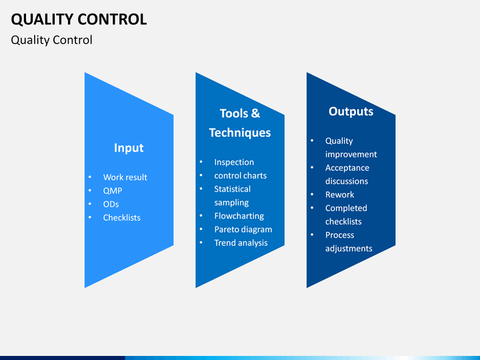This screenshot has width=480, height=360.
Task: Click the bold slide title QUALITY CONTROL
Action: click(x=79, y=19)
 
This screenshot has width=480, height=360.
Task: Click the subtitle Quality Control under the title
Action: click(x=52, y=40)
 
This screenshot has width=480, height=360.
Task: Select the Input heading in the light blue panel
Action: click(x=129, y=148)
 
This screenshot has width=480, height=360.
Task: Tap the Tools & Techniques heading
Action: click(x=240, y=123)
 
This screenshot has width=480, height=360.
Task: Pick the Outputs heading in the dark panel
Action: click(x=351, y=111)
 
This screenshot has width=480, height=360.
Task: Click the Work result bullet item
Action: click(x=125, y=177)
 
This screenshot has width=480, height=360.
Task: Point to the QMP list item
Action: click(x=113, y=191)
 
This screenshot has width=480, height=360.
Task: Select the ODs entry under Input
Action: click(x=111, y=204)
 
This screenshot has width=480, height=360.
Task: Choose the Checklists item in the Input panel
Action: click(x=121, y=217)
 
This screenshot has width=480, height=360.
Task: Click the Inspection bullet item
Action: click(x=234, y=162)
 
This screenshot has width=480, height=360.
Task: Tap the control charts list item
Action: click(x=240, y=175)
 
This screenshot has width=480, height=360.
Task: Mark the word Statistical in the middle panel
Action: click(x=232, y=189)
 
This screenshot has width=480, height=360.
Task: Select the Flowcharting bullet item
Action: click(x=239, y=216)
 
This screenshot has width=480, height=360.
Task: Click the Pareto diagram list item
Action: click(x=243, y=229)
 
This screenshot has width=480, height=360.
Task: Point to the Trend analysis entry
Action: click(x=241, y=243)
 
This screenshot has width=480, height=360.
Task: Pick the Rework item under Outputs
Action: click(x=339, y=195)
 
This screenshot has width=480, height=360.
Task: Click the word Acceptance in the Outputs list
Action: click(x=347, y=168)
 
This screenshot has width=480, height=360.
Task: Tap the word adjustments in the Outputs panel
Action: click(x=349, y=249)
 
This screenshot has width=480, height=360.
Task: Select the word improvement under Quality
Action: click(x=351, y=155)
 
